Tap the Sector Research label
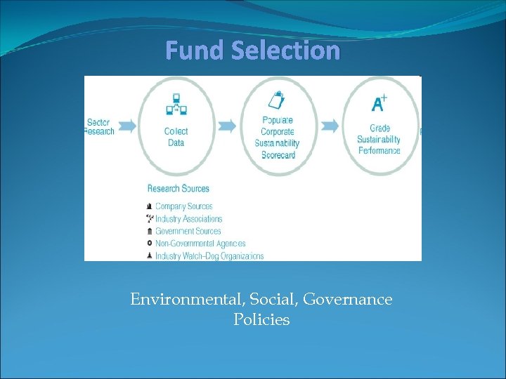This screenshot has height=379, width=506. (x=99, y=126)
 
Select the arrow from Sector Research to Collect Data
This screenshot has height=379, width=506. (x=128, y=126)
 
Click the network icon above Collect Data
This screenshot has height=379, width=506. (x=175, y=105)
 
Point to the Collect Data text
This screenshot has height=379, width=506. (x=176, y=137)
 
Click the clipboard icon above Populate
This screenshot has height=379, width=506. (x=277, y=101)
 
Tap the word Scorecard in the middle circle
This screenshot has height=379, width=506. (x=278, y=154)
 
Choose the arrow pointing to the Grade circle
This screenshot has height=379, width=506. (x=330, y=126)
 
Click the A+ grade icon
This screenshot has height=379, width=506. (x=379, y=104)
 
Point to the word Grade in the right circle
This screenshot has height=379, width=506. (x=379, y=128)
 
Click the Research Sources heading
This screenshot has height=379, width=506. (x=179, y=188)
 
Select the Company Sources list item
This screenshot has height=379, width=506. (x=183, y=206)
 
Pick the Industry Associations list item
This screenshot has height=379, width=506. (x=188, y=219)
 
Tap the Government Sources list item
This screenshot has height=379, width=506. (x=188, y=231)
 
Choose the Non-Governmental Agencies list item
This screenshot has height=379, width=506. (x=200, y=244)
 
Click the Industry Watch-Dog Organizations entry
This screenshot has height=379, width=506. (x=209, y=255)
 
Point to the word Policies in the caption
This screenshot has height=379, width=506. (x=261, y=320)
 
